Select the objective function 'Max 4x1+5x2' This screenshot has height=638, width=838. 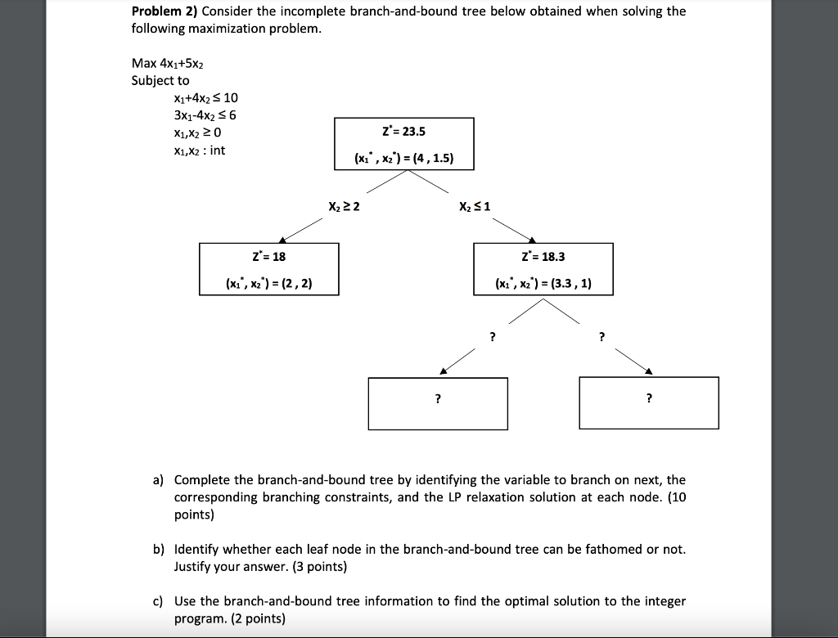[x=164, y=64]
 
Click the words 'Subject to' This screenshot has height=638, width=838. [x=160, y=80]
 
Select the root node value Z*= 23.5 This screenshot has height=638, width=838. [x=404, y=133]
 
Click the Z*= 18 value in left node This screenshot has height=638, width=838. [x=269, y=257]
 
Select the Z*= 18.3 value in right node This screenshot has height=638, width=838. [x=543, y=257]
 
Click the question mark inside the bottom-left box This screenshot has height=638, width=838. [x=438, y=399]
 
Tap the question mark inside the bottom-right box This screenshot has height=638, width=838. [x=649, y=399]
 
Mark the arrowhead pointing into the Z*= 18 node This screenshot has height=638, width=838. [x=282, y=239]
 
